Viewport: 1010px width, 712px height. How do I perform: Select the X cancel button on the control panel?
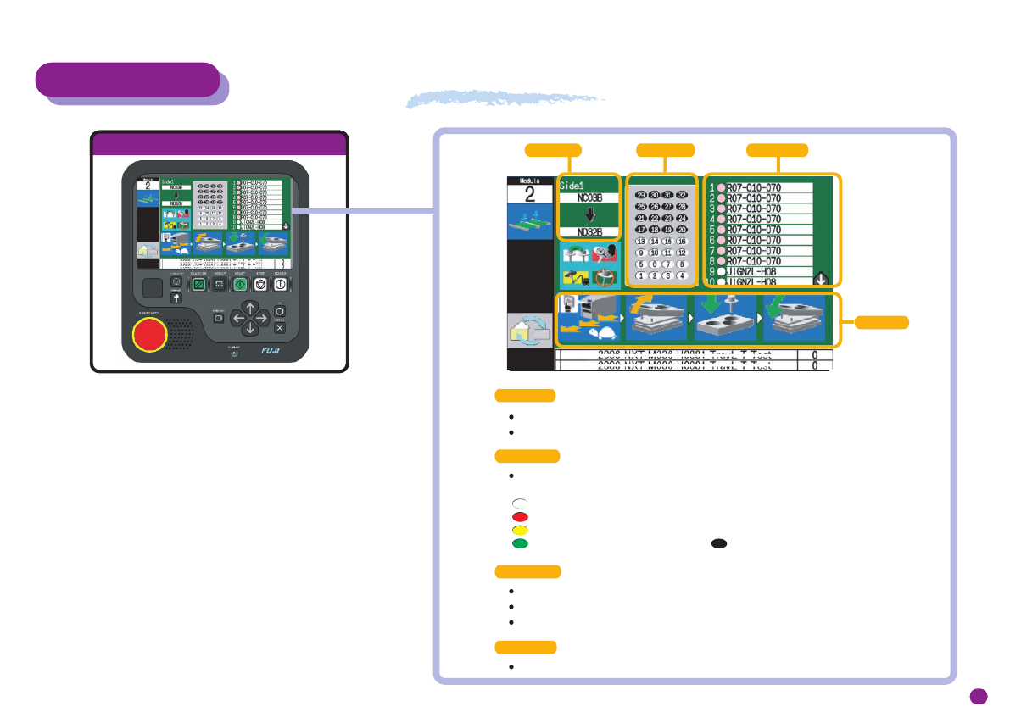coord(281,327)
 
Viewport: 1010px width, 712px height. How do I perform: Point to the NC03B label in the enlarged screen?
coord(590,198)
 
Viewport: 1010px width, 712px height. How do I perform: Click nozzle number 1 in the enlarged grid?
coord(641,275)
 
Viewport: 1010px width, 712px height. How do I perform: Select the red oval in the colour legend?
coord(519,515)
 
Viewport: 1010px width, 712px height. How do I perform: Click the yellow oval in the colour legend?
coord(519,529)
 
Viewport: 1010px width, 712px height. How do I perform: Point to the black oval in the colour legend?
coord(718,542)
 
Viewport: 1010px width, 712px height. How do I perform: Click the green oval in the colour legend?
coord(519,542)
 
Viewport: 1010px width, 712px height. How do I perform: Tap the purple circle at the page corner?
coord(979,696)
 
